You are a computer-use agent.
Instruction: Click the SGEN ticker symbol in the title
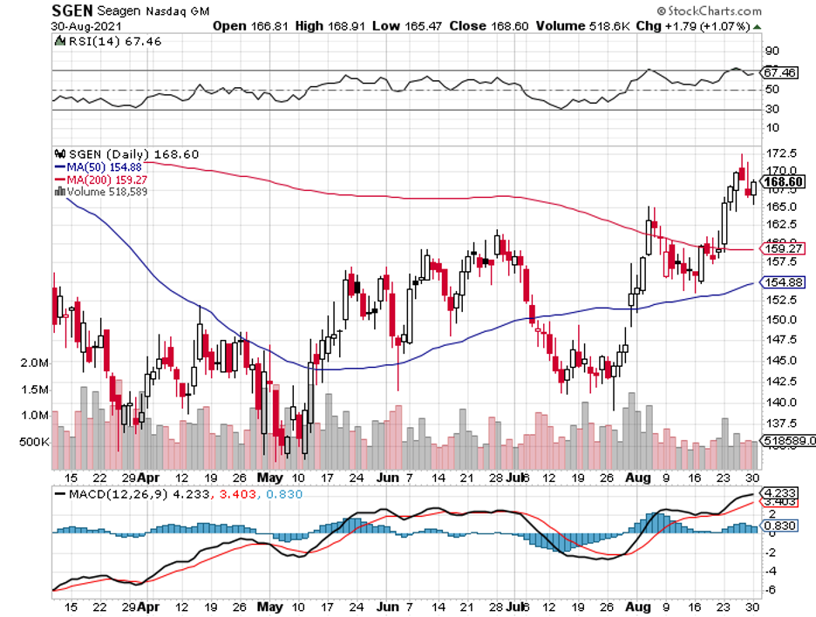(x=74, y=10)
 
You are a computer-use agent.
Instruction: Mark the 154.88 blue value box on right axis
(x=784, y=282)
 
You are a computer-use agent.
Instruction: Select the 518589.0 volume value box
(x=787, y=443)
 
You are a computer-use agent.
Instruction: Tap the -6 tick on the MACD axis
(x=771, y=590)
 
